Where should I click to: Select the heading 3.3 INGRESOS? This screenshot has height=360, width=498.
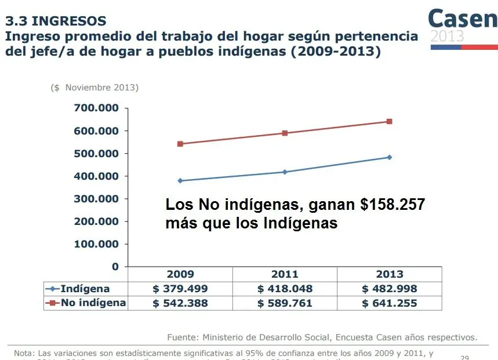[56, 21]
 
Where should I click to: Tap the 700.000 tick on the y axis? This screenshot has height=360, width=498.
[96, 108]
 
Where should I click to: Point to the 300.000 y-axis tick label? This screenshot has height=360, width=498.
[96, 199]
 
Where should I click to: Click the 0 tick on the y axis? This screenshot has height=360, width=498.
[115, 267]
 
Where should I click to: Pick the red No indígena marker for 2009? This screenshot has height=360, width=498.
[180, 144]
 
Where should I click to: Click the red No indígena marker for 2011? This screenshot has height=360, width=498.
[285, 133]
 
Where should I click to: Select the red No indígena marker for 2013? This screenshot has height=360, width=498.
[390, 121]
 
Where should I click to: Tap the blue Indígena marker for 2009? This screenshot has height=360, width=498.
[180, 181]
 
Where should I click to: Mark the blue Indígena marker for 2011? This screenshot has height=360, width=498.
[285, 172]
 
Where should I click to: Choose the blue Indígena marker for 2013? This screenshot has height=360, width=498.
[390, 157]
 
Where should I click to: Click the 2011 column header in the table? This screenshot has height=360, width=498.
[285, 274]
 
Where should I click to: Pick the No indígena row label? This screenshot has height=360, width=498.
[93, 303]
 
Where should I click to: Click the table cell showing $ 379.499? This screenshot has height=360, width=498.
[180, 289]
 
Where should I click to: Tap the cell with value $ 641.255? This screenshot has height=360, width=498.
[390, 303]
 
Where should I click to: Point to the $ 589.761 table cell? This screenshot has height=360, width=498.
[285, 303]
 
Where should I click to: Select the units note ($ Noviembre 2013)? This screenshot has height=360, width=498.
[94, 88]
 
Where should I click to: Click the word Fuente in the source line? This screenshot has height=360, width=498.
[182, 337]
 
